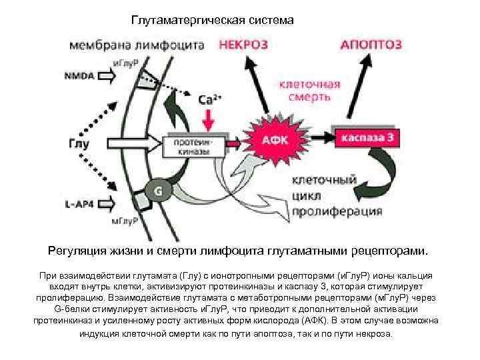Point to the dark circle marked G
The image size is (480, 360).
point(159,190)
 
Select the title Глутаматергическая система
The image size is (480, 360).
point(212,21)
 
